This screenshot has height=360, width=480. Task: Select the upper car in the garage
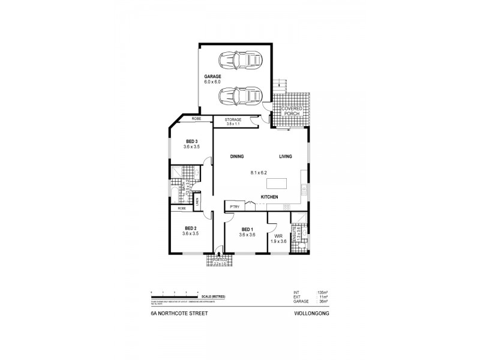point(240,60)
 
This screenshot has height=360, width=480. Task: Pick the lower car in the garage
point(240,95)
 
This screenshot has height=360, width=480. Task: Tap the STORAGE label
point(233,119)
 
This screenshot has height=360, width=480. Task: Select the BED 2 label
point(191,228)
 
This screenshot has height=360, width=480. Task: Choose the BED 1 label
point(247,229)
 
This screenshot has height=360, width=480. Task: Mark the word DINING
point(236,157)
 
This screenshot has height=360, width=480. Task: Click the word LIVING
point(285,157)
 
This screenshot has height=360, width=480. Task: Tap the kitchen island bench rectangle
point(277,183)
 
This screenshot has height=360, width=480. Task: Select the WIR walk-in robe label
point(278,235)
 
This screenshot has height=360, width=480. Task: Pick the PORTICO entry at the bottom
point(219,262)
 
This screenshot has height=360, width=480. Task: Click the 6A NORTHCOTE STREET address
point(176,313)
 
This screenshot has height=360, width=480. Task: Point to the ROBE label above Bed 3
point(196,119)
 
